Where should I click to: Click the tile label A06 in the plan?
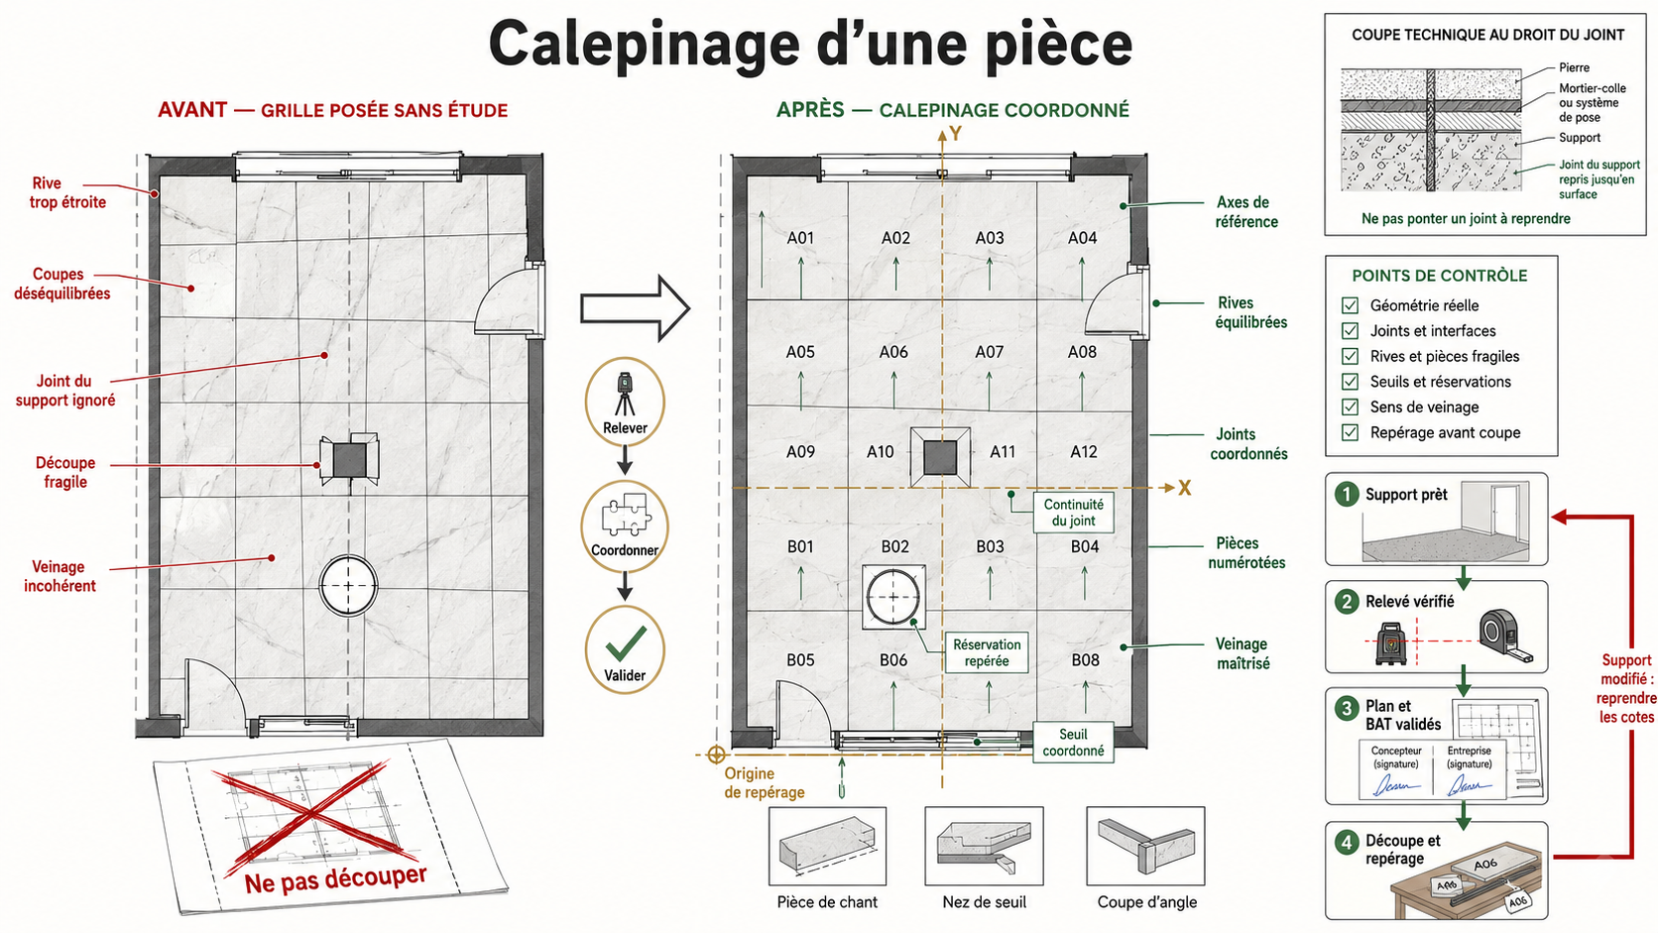pyautogui.click(x=893, y=352)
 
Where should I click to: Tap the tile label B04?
pyautogui.click(x=1085, y=546)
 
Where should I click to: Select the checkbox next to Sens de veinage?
pyautogui.click(x=1350, y=407)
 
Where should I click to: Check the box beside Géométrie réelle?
pyautogui.click(x=1350, y=305)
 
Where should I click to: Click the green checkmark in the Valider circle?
pyautogui.click(x=626, y=643)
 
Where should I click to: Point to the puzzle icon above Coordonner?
pyautogui.click(x=626, y=515)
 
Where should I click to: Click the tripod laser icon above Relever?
pyautogui.click(x=626, y=394)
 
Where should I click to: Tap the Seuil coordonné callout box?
pyautogui.click(x=1073, y=742)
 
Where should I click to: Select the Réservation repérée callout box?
pyautogui.click(x=987, y=652)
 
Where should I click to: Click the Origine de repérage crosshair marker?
pyautogui.click(x=716, y=755)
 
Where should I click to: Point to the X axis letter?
pyautogui.click(x=1184, y=489)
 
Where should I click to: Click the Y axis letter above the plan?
pyautogui.click(x=956, y=134)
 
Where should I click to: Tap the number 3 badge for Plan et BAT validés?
pyautogui.click(x=1347, y=709)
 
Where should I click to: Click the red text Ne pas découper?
pyautogui.click(x=336, y=879)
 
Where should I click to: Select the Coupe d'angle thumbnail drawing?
pyautogui.click(x=1145, y=846)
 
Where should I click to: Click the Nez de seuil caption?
pyautogui.click(x=985, y=902)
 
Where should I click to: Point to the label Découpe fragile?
pyautogui.click(x=65, y=473)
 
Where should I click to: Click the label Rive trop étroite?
pyautogui.click(x=67, y=193)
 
